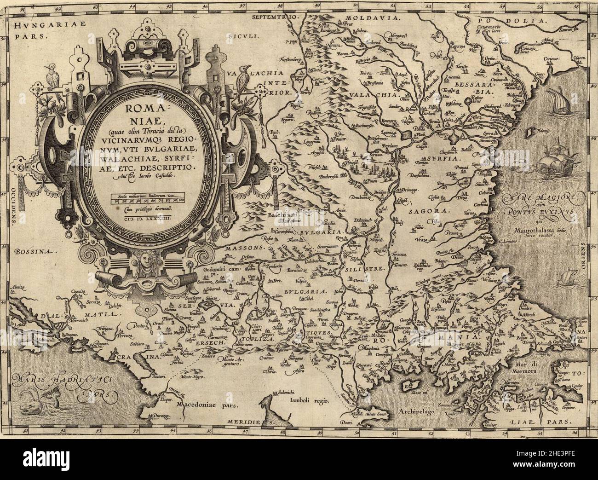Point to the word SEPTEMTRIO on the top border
coord(276,17)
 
